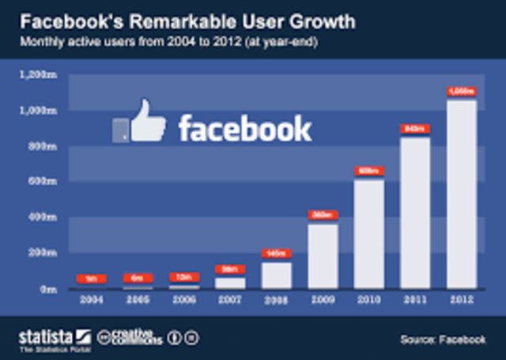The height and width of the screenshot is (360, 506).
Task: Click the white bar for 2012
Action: (x=461, y=193)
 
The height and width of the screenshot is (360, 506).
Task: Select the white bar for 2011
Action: (x=415, y=212)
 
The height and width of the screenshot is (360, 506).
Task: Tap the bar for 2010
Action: (x=369, y=233)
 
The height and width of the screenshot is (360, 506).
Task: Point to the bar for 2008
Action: (x=276, y=275)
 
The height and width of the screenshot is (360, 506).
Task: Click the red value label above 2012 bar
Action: (x=461, y=91)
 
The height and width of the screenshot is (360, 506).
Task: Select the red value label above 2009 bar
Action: (x=323, y=214)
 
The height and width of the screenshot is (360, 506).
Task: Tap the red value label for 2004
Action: (x=91, y=278)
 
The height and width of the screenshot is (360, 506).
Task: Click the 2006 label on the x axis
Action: (x=183, y=301)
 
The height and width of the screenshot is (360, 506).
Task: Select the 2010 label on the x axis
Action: (x=369, y=301)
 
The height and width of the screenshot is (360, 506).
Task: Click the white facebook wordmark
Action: (x=245, y=127)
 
